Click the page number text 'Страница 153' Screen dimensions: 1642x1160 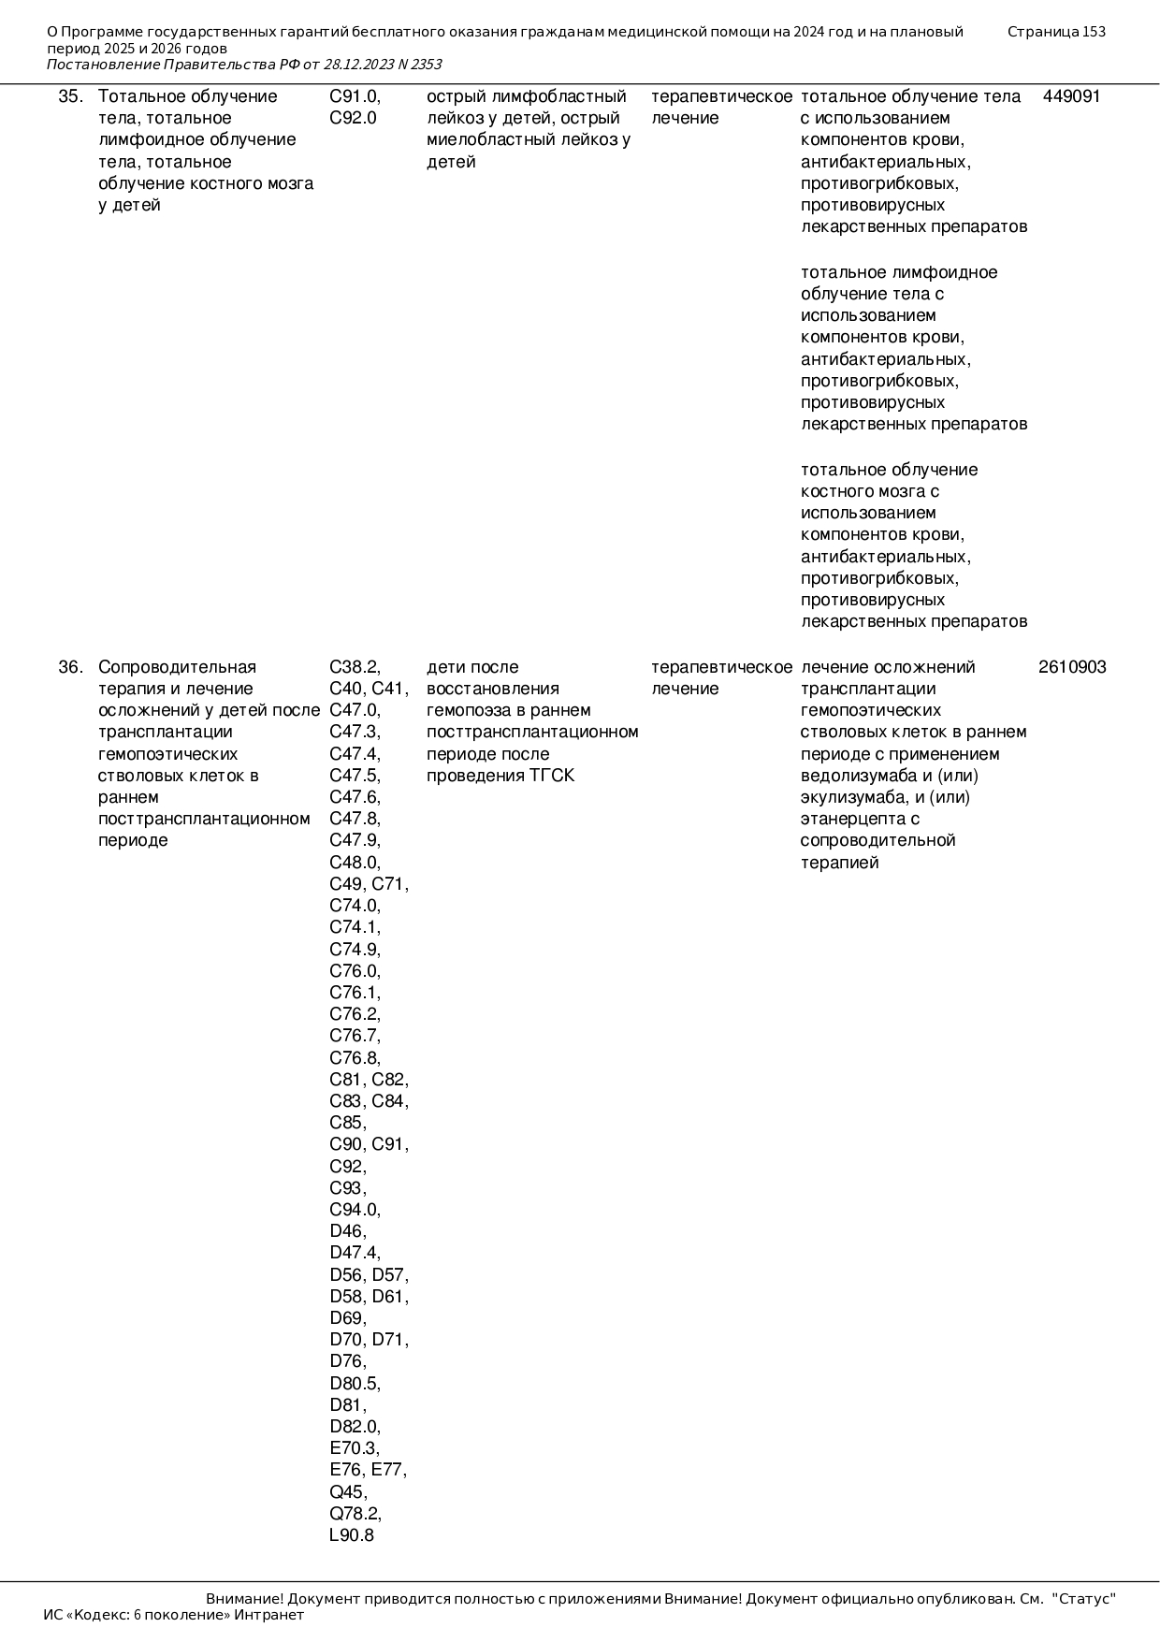pyautogui.click(x=1056, y=32)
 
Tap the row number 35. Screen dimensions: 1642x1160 pyautogui.click(x=70, y=96)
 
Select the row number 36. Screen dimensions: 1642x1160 pyautogui.click(x=70, y=667)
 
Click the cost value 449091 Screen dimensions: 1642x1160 pyautogui.click(x=1071, y=96)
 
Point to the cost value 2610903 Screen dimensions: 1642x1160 pyautogui.click(x=1072, y=667)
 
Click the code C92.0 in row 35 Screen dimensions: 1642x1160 pyautogui.click(x=353, y=118)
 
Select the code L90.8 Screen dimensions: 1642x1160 pyautogui.click(x=352, y=1535)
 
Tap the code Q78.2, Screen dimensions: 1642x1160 pyautogui.click(x=355, y=1514)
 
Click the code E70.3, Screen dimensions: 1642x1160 pyautogui.click(x=355, y=1448)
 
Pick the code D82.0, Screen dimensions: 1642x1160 pyautogui.click(x=355, y=1427)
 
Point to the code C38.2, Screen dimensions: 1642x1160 pyautogui.click(x=355, y=667)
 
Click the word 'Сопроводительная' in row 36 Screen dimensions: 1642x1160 pyautogui.click(x=177, y=667)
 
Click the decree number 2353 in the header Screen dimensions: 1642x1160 pyautogui.click(x=426, y=65)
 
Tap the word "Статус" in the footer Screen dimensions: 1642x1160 pyautogui.click(x=1084, y=1599)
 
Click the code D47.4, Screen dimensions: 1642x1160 pyautogui.click(x=355, y=1253)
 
